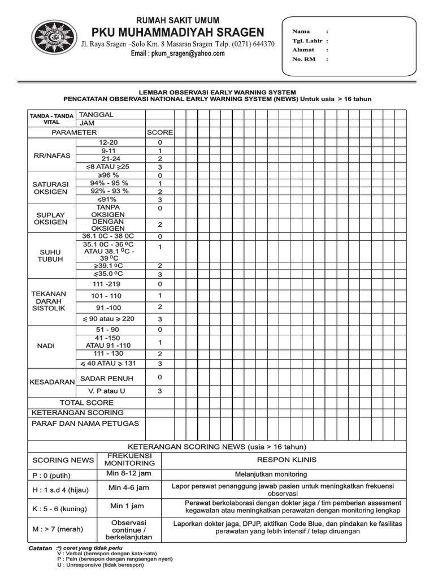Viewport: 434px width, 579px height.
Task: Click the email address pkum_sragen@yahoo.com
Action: click(x=178, y=54)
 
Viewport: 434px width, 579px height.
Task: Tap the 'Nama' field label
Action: click(x=300, y=32)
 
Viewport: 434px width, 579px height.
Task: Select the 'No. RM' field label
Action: click(x=303, y=59)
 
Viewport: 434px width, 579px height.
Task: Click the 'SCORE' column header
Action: click(x=160, y=132)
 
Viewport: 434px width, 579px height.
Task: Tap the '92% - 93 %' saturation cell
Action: click(x=108, y=191)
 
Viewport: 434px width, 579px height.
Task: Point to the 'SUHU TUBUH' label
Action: click(x=51, y=255)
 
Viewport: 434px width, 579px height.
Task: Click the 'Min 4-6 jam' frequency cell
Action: click(x=129, y=487)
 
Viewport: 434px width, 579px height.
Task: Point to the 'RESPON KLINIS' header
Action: click(x=287, y=460)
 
